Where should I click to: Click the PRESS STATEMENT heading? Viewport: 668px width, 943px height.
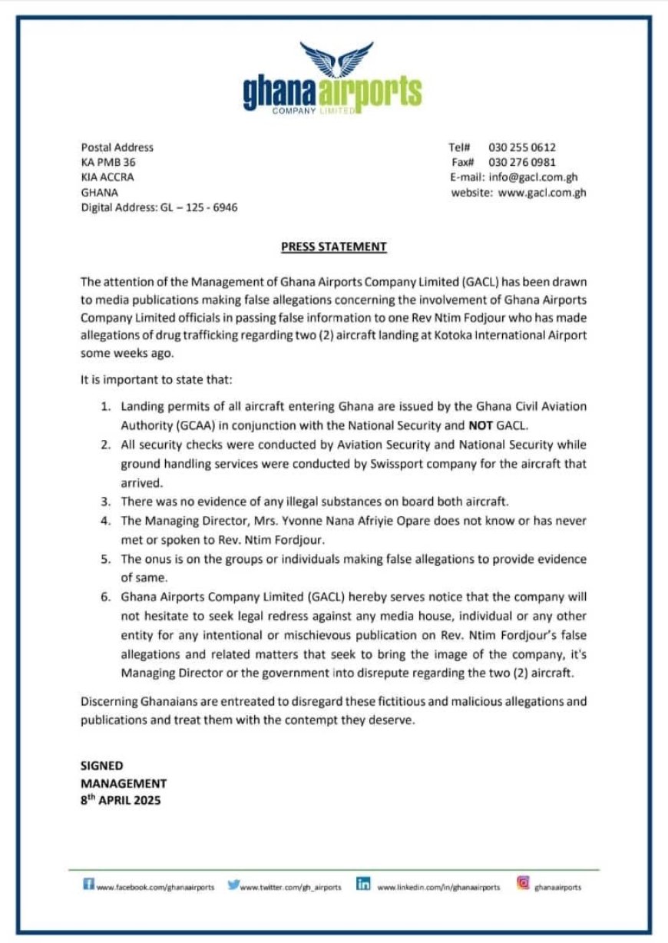pos(334,247)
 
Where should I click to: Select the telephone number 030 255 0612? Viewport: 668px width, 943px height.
pos(522,147)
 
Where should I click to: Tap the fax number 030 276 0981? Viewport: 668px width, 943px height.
pos(522,162)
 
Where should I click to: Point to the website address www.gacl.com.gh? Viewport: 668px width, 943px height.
pos(542,193)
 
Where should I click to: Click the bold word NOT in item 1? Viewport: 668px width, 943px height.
pos(481,425)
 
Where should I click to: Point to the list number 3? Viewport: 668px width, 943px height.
pos(107,501)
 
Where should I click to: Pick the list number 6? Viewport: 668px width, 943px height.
pos(107,597)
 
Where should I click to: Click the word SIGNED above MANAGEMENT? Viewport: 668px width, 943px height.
pos(102,766)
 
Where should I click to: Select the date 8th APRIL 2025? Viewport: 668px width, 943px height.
pos(121,799)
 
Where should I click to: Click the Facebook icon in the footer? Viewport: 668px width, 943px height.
pos(88,885)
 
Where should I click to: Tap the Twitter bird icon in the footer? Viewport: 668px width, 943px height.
pos(233,885)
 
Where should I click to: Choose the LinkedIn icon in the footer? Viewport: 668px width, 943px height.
pos(364,885)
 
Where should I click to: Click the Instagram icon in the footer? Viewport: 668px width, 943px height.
pos(523,883)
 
